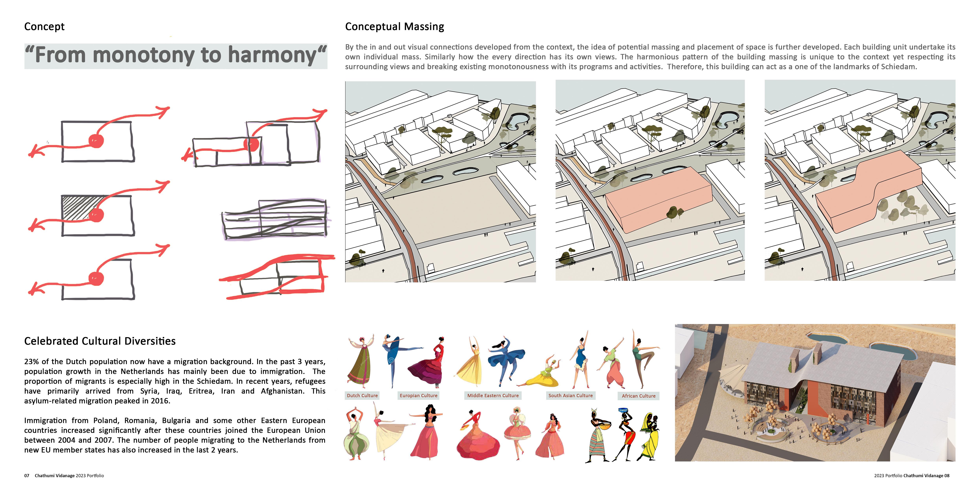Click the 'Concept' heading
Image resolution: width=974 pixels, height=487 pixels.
[x=44, y=27]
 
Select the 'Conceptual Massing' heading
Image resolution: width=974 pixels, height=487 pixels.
[x=394, y=27]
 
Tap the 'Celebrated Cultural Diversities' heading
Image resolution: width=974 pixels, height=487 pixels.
[x=100, y=341]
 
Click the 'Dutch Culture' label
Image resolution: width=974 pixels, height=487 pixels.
[x=362, y=395]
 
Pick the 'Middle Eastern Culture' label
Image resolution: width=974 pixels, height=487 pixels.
[x=493, y=395]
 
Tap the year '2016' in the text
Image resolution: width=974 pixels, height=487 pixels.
[x=160, y=401]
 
